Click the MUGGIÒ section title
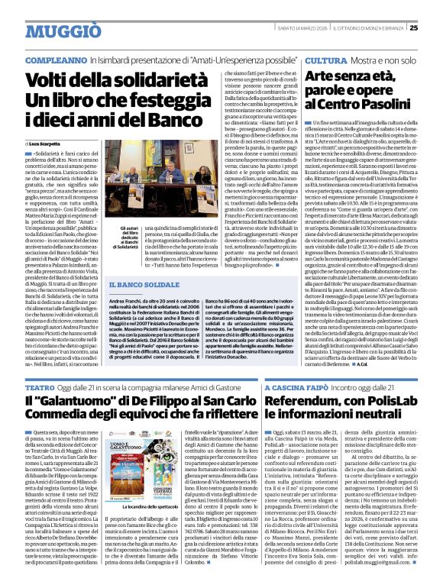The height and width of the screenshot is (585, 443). tap(47, 28)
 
